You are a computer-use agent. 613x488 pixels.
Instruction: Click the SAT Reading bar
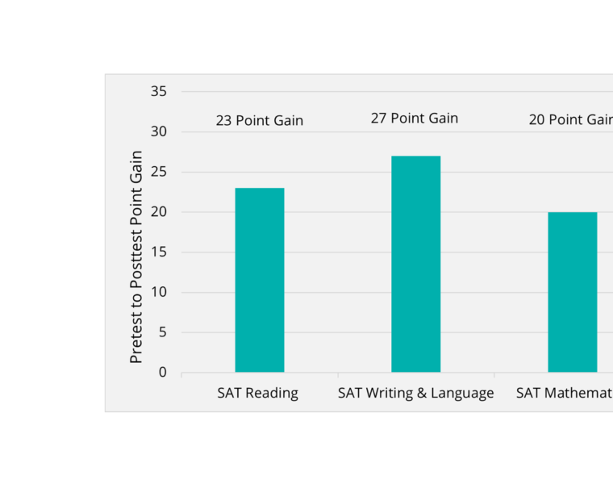coord(260,280)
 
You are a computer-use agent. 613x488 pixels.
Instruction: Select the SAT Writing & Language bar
coord(416,264)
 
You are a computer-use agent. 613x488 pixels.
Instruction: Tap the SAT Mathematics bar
coord(573,292)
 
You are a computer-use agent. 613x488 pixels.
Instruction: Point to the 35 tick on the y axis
coord(159,92)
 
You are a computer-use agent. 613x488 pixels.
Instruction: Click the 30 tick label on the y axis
coord(159,132)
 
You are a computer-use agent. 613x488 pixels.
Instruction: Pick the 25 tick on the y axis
coord(159,172)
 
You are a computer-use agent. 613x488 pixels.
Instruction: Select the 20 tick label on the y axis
coord(159,212)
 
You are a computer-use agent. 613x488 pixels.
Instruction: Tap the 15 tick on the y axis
coord(159,252)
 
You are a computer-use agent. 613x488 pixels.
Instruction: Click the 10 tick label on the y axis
coord(159,292)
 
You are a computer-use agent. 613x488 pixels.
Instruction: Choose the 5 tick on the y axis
coord(162,332)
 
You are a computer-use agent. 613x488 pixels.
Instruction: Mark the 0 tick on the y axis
coord(162,373)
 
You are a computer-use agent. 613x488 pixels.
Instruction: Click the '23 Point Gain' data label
coord(260,121)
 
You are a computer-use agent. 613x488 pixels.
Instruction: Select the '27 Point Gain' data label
coord(415,119)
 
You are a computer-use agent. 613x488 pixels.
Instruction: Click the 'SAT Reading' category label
coord(258,394)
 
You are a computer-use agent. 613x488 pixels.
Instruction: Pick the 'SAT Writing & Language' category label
coord(415,394)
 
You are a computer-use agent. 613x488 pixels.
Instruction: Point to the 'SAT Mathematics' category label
coord(565,394)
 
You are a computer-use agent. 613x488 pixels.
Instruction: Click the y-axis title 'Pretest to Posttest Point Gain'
coord(136,257)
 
